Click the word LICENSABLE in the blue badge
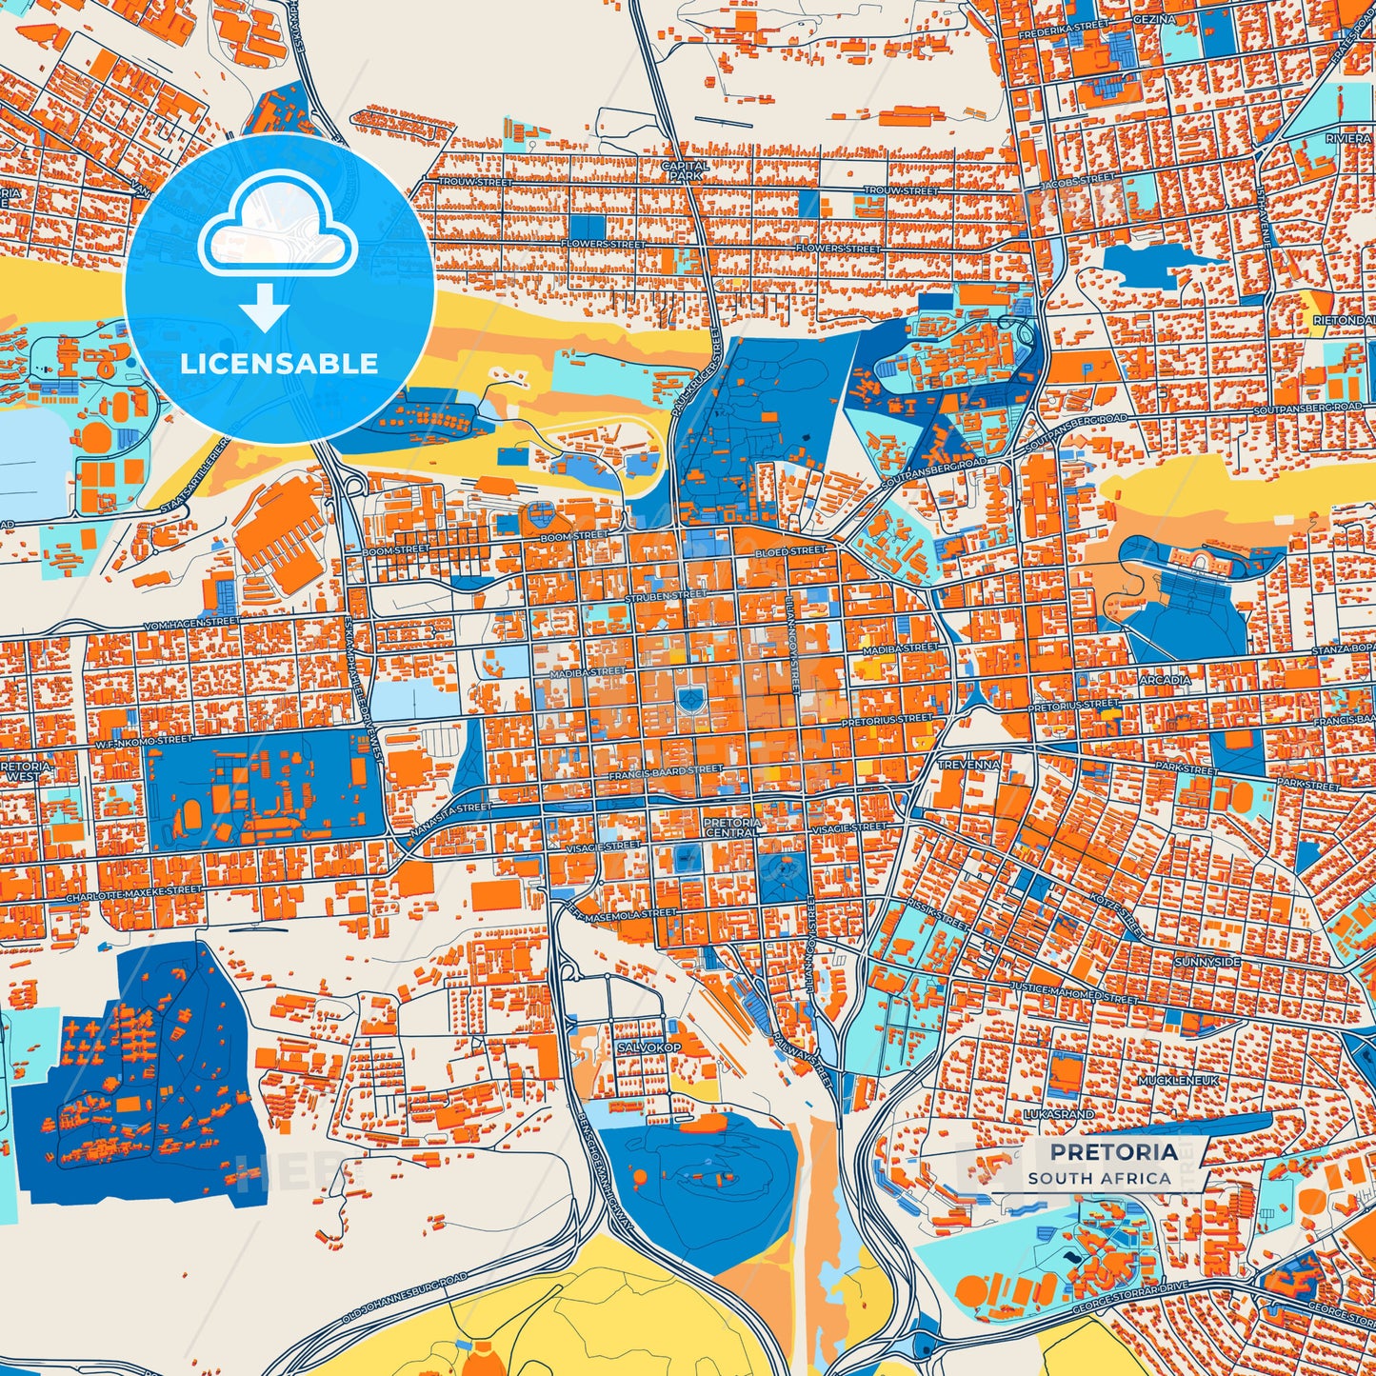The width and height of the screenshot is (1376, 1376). pyautogui.click(x=279, y=364)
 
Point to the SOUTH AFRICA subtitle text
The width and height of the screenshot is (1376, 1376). pyautogui.click(x=1099, y=1178)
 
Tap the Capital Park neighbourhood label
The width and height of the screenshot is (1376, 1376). pyautogui.click(x=685, y=170)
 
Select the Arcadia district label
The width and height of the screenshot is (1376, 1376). pyautogui.click(x=1165, y=680)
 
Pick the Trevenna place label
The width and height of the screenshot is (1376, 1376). pyautogui.click(x=968, y=765)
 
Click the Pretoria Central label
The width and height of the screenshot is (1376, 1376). pyautogui.click(x=732, y=827)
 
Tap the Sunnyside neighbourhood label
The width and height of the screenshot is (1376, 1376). pyautogui.click(x=1206, y=962)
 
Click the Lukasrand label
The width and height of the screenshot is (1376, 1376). pyautogui.click(x=1059, y=1113)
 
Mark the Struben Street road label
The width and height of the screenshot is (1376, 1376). pyautogui.click(x=666, y=595)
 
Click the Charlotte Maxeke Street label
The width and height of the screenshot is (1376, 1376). pyautogui.click(x=133, y=894)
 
